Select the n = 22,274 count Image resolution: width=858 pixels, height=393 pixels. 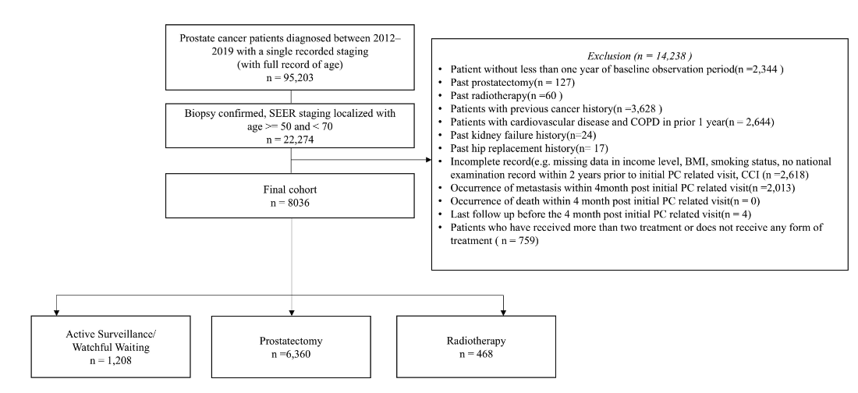290,141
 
